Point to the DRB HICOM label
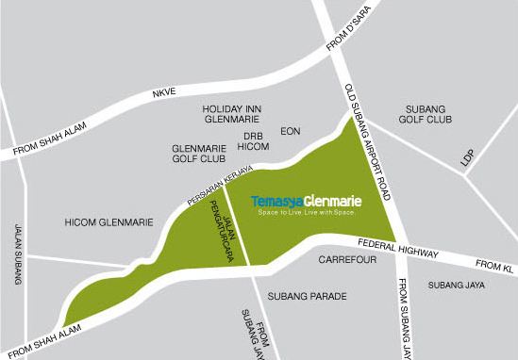tap(252, 141)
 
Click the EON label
tap(290, 132)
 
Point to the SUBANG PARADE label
tap(308, 296)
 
